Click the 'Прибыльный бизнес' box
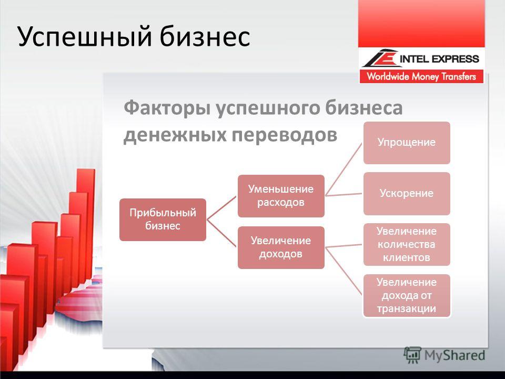(x=163, y=220)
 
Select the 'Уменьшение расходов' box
(x=281, y=196)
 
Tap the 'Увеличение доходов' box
(x=281, y=247)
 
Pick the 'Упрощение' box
(x=407, y=143)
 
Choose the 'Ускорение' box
(x=407, y=193)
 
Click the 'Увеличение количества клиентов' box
(x=407, y=244)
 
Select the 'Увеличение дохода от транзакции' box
(x=407, y=295)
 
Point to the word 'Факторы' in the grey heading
(x=167, y=108)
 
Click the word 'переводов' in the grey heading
(x=285, y=135)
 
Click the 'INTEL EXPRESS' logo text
(x=439, y=59)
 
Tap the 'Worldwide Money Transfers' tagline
(x=421, y=76)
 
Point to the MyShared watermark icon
(x=412, y=355)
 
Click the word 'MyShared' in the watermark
(x=454, y=355)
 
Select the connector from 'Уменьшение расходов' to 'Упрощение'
(x=344, y=169)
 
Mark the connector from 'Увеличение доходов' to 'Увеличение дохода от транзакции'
(x=344, y=272)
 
